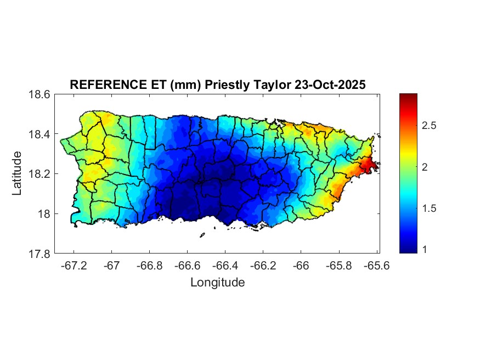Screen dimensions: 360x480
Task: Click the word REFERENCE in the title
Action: [102, 85]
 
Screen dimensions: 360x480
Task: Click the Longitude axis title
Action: [217, 283]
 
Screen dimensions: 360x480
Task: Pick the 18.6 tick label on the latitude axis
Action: [40, 94]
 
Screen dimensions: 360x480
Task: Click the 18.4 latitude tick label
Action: [40, 134]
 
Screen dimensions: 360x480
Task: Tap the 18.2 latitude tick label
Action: [40, 174]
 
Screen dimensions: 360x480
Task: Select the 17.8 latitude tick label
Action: [40, 254]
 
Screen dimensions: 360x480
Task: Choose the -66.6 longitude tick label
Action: [186, 265]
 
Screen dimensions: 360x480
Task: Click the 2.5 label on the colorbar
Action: [430, 126]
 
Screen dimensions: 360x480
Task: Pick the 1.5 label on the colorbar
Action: [430, 209]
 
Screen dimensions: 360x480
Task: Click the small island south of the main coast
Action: [202, 235]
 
